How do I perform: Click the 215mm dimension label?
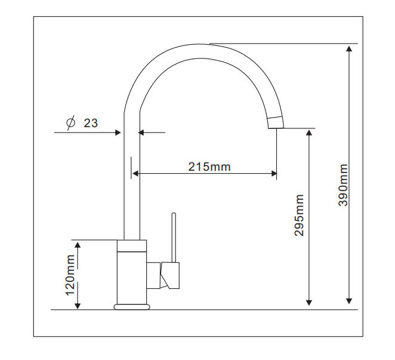[209, 167]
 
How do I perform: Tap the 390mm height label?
[343, 185]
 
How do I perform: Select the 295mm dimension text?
[299, 215]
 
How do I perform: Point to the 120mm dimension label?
[70, 275]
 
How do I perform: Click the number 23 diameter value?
[91, 123]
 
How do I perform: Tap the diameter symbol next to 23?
[71, 122]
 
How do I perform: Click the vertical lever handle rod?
[174, 238]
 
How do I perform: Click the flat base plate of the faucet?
[132, 307]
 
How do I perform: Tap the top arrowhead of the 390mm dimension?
[349, 48]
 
